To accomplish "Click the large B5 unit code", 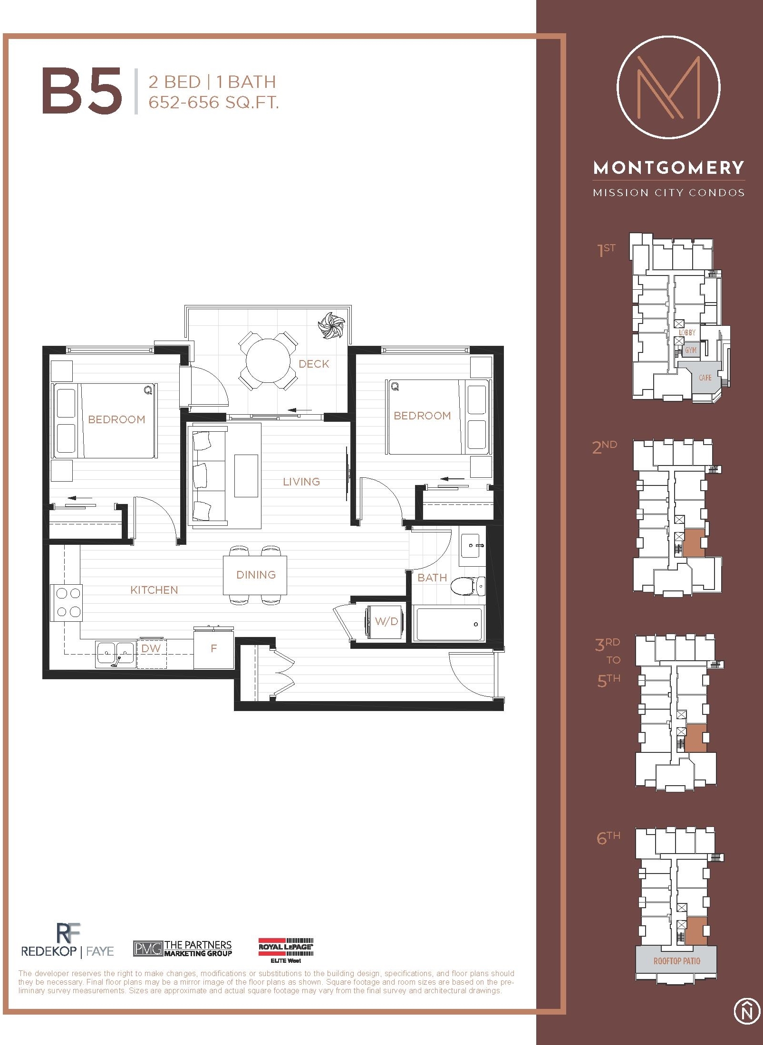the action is tap(82, 91).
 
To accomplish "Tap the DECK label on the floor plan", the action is tap(314, 364).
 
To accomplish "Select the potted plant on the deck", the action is tap(331, 325).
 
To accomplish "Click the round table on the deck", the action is tap(268, 360).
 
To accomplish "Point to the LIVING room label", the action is tap(301, 482).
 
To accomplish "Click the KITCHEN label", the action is tap(154, 590).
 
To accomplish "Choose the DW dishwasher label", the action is tap(151, 648).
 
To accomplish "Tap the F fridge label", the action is tap(213, 648).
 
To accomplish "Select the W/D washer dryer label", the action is tap(386, 621).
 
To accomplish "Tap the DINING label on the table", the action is tap(256, 575).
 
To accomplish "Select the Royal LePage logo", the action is tap(286, 950).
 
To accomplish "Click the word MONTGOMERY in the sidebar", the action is tap(668, 168).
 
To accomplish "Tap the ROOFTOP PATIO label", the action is tap(676, 961).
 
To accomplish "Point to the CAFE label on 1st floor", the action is tap(705, 378).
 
